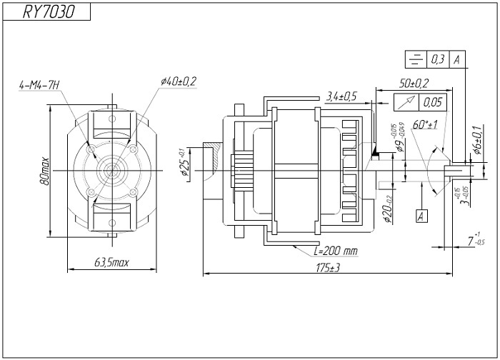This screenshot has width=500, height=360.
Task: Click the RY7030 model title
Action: tap(48, 11)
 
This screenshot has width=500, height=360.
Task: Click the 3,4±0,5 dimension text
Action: tap(341, 96)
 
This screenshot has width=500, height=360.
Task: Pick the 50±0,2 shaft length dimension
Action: tap(413, 84)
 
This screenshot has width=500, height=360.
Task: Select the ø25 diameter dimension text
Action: tap(184, 164)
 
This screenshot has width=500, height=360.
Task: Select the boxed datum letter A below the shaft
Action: tap(421, 214)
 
